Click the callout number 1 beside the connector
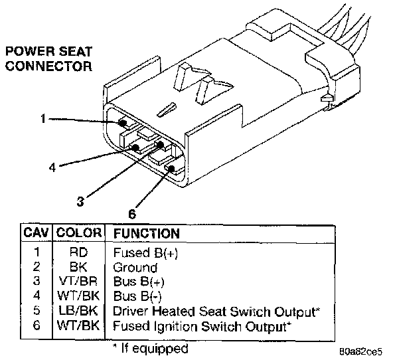click(x=43, y=118)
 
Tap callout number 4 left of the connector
click(x=52, y=167)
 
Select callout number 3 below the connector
click(x=80, y=201)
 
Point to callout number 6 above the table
click(x=132, y=215)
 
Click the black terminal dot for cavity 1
click(x=123, y=123)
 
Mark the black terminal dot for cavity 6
click(x=171, y=169)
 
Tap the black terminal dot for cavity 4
click(x=135, y=147)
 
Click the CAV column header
click(x=36, y=233)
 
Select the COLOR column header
click(x=79, y=233)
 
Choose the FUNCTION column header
click(x=147, y=233)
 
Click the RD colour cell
click(x=78, y=252)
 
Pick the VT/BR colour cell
click(x=78, y=281)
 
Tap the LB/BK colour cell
click(x=78, y=311)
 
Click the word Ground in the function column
click(x=135, y=268)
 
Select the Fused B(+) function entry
click(x=145, y=252)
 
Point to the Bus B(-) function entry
click(x=137, y=296)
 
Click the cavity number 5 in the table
click(x=37, y=311)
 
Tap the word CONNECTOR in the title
click(x=49, y=66)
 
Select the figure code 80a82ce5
click(x=361, y=351)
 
